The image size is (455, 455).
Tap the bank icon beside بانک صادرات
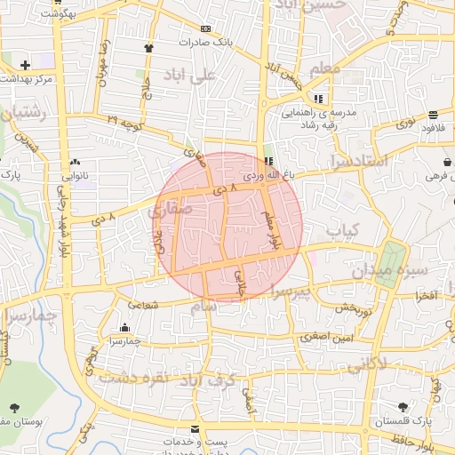click(x=206, y=28)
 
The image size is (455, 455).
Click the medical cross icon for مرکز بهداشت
click(x=25, y=65)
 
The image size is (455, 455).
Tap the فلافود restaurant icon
click(x=432, y=115)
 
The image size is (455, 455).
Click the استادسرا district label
click(x=357, y=161)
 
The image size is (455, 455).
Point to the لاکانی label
click(x=368, y=363)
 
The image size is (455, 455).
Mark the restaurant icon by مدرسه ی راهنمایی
click(x=318, y=99)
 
